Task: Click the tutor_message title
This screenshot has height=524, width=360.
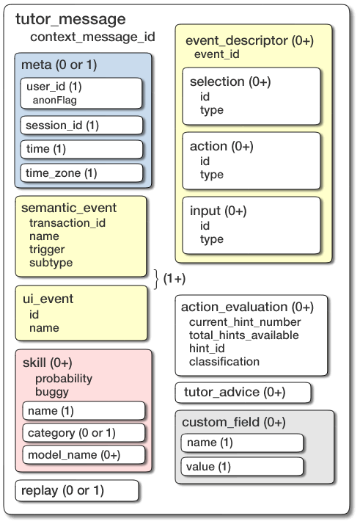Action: pos(70,20)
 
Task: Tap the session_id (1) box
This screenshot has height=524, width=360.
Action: pos(81,125)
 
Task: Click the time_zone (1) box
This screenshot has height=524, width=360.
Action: pos(81,173)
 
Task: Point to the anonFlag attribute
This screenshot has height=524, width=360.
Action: pos(55,100)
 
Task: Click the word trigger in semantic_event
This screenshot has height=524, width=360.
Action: pos(47,250)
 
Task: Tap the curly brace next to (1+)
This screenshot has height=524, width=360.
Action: pos(155,278)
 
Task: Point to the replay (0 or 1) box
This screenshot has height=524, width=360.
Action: pos(76,490)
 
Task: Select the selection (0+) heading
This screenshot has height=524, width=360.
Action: pos(228,81)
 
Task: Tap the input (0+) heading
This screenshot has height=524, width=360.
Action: pos(218,211)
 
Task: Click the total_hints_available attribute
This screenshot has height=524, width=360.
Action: pos(243,335)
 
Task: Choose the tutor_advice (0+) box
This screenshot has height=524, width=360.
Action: pos(243,393)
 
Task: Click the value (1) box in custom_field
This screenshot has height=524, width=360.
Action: pos(242,466)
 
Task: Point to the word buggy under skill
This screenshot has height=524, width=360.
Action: pos(51,392)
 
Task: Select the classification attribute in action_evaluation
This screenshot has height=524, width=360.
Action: pos(224,361)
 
